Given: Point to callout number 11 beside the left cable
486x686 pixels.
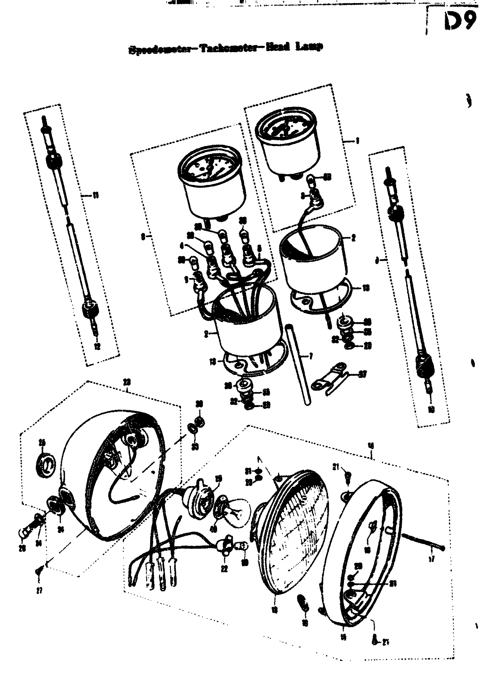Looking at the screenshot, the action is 96,196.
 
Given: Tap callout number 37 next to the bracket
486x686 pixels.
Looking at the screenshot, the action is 363,374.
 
